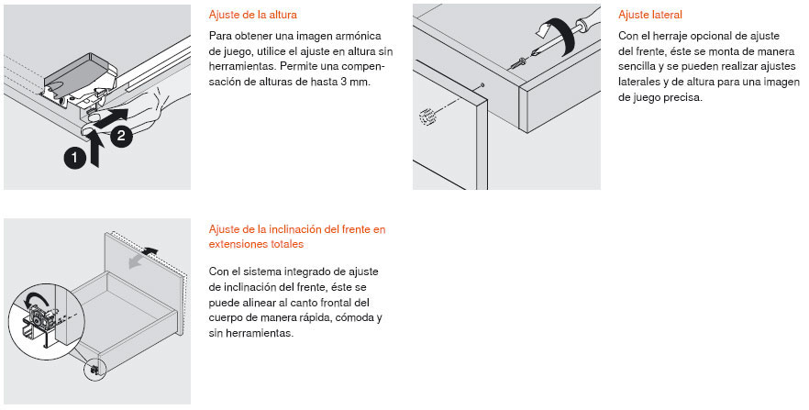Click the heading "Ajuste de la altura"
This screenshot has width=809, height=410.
click(x=253, y=15)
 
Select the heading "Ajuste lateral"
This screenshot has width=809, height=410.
click(x=650, y=15)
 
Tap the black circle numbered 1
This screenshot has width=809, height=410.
click(x=75, y=158)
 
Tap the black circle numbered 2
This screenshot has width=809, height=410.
click(x=121, y=136)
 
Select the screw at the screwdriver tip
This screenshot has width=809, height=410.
click(x=517, y=64)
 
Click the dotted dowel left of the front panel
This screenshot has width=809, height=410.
click(x=427, y=117)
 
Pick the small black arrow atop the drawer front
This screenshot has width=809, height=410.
click(x=150, y=251)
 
